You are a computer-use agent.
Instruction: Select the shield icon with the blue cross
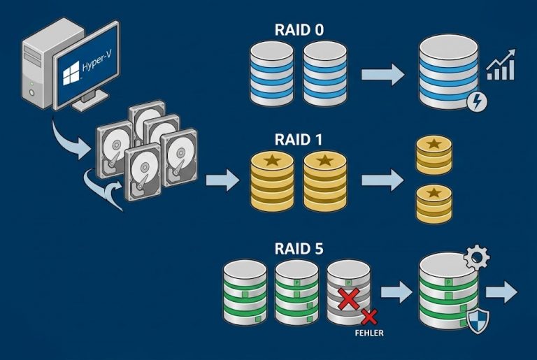478,320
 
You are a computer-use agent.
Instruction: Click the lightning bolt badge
478,102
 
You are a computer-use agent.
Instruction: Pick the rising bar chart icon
501,67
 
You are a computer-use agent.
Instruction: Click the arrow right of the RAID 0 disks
383,73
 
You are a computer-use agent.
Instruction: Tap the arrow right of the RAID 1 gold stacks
382,180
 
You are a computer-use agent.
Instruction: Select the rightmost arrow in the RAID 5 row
502,292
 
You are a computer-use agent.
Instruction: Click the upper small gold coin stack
434,154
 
